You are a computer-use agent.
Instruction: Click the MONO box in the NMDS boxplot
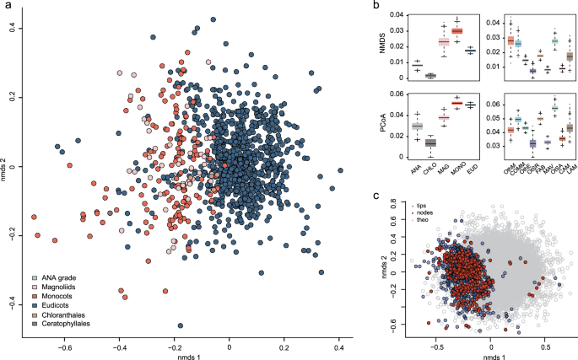[x=456, y=30]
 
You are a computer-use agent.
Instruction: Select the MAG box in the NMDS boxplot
[x=443, y=42]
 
